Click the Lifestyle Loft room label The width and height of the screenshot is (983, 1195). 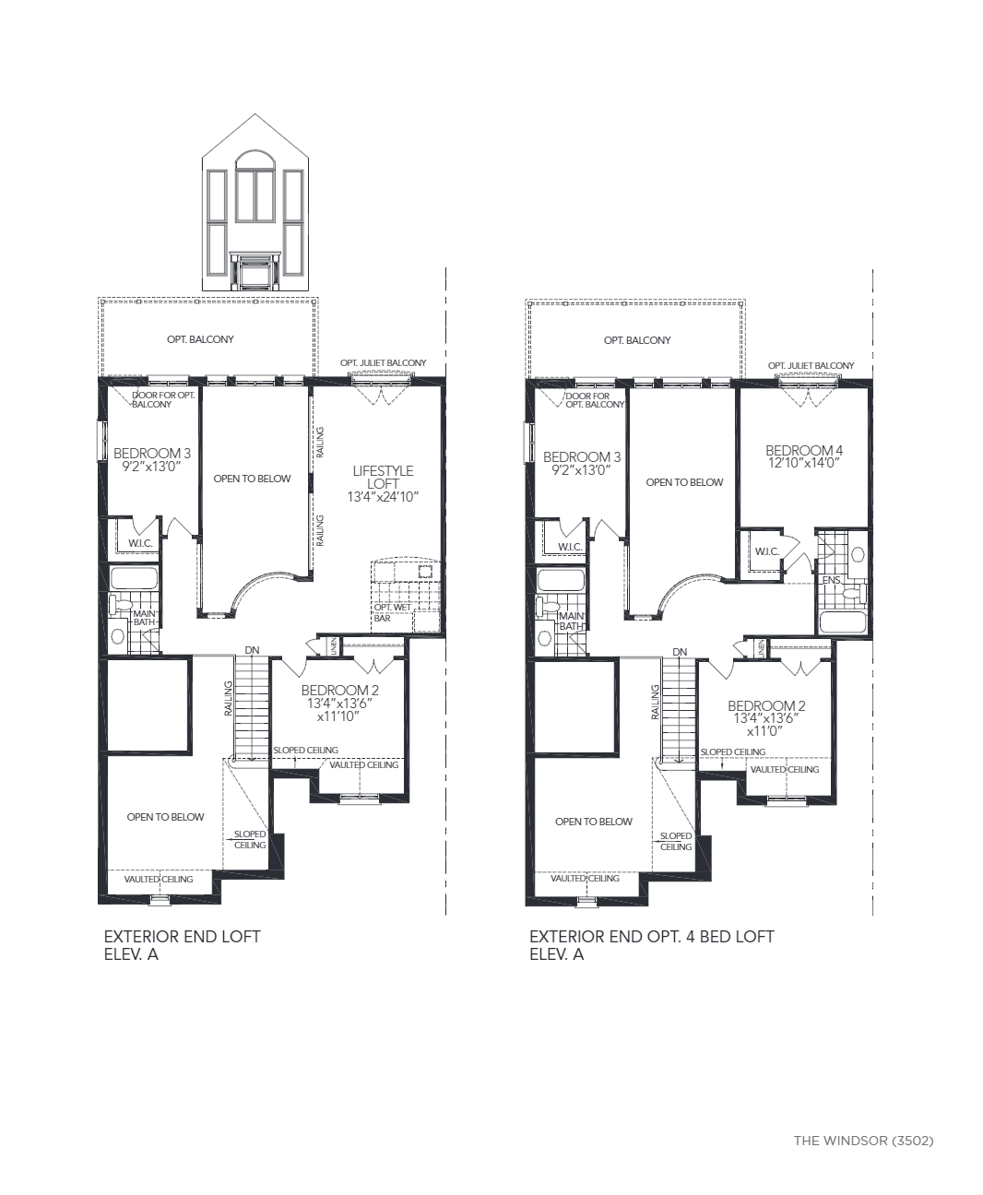383,478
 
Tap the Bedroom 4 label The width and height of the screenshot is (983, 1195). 804,451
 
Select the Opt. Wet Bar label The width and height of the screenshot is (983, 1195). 392,612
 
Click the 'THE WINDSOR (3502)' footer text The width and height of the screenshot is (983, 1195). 863,1141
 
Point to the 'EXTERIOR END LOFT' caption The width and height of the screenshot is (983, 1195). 183,937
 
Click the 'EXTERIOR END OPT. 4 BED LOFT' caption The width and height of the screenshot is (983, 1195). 652,937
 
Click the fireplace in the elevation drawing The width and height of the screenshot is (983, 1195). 255,271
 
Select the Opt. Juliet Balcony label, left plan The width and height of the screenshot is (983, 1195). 383,362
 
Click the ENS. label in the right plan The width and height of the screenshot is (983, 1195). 832,580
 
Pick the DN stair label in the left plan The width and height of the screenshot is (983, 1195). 252,650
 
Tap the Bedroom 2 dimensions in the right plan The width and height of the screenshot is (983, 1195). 766,725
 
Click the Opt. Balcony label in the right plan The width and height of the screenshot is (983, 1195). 637,340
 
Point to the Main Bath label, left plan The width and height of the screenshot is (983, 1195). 144,618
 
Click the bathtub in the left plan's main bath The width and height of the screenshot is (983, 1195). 133,578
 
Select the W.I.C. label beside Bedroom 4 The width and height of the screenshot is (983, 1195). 767,551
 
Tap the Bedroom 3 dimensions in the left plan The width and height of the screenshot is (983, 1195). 151,467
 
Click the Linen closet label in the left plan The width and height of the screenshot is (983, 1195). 335,646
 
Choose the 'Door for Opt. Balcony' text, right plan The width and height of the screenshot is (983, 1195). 595,400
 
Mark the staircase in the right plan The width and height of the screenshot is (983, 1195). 678,709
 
